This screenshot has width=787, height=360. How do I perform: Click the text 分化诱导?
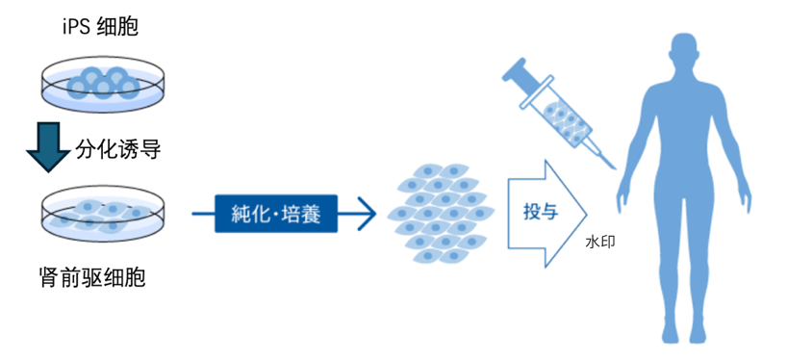[x=116, y=149]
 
